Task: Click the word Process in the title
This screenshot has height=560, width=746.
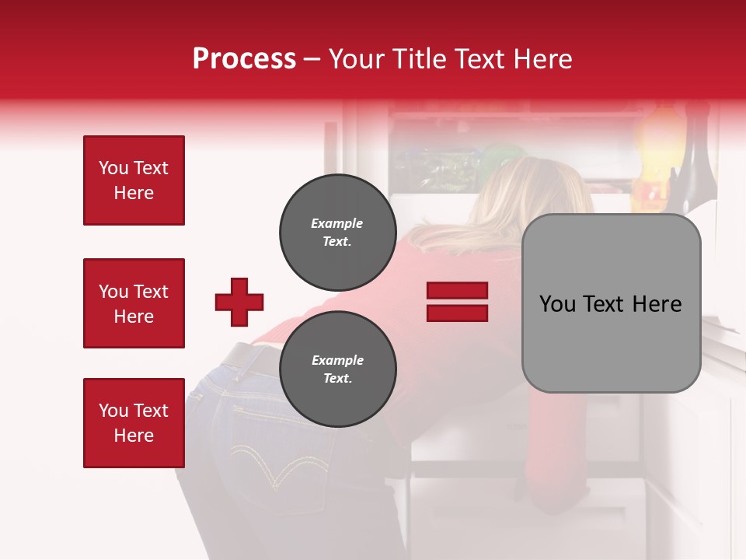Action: pyautogui.click(x=244, y=58)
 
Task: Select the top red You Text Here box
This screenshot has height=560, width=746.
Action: pyautogui.click(x=134, y=180)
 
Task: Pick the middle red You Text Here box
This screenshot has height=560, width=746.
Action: pyautogui.click(x=134, y=303)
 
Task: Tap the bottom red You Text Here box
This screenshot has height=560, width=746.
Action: pyautogui.click(x=134, y=422)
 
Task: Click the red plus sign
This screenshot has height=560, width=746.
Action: pyautogui.click(x=239, y=302)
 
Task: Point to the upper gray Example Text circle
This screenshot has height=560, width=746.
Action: pyautogui.click(x=337, y=233)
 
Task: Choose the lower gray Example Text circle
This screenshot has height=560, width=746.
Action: pyautogui.click(x=337, y=369)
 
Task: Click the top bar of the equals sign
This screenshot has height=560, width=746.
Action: pyautogui.click(x=457, y=290)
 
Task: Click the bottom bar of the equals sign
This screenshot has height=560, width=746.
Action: pyautogui.click(x=457, y=313)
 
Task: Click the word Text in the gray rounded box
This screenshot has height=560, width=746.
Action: pyautogui.click(x=608, y=303)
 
